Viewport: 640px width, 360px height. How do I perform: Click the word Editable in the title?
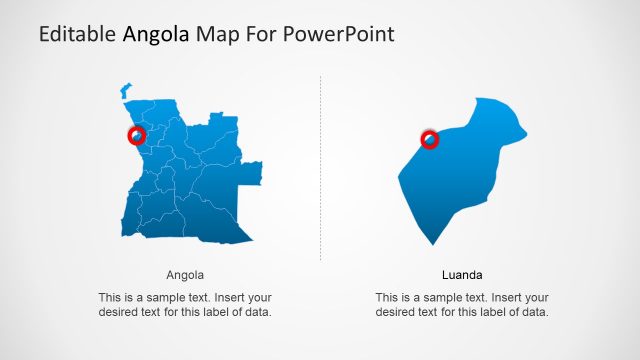[x=77, y=35]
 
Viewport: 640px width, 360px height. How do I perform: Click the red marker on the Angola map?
[x=137, y=135]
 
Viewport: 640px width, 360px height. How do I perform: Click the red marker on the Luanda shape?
[x=430, y=139]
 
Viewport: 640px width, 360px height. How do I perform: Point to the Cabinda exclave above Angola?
[x=125, y=90]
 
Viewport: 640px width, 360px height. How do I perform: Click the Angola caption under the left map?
[x=185, y=274]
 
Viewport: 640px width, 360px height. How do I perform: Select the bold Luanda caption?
[x=462, y=274]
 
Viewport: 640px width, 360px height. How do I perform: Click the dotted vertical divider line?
[x=320, y=170]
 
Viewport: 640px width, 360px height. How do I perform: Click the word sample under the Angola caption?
[x=165, y=298]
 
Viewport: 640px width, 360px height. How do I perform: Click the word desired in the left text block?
[x=121, y=312]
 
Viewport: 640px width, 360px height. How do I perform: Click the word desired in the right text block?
[x=398, y=312]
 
